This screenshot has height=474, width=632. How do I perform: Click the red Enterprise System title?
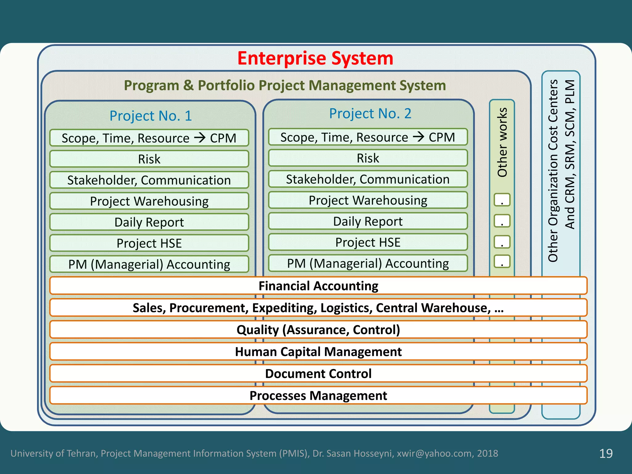pyautogui.click(x=315, y=58)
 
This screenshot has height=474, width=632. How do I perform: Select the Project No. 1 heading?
pyautogui.click(x=151, y=116)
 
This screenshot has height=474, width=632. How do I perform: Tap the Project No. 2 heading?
pyautogui.click(x=370, y=114)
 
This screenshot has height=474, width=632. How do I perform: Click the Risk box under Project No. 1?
pyautogui.click(x=149, y=159)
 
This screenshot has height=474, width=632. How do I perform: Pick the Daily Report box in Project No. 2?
pyautogui.click(x=368, y=221)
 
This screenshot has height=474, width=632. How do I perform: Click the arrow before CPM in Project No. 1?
pyautogui.click(x=200, y=137)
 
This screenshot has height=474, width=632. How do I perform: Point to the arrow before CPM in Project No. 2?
pyautogui.click(x=419, y=136)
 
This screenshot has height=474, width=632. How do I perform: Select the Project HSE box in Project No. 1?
pyautogui.click(x=149, y=243)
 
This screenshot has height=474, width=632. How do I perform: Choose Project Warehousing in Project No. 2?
pyautogui.click(x=368, y=200)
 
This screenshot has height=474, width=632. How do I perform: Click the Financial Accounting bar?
pyautogui.click(x=318, y=286)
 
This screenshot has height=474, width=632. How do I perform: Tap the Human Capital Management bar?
pyautogui.click(x=318, y=351)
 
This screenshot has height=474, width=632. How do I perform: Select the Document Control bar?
pyautogui.click(x=318, y=373)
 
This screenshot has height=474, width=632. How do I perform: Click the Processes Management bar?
pyautogui.click(x=318, y=396)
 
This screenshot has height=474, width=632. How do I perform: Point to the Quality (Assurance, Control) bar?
pyautogui.click(x=318, y=330)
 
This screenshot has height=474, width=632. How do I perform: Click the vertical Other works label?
pyautogui.click(x=502, y=142)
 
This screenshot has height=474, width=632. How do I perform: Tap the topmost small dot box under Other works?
pyautogui.click(x=502, y=200)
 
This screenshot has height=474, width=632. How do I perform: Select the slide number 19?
pyautogui.click(x=606, y=453)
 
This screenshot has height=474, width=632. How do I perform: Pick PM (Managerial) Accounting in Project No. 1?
pyautogui.click(x=149, y=264)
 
